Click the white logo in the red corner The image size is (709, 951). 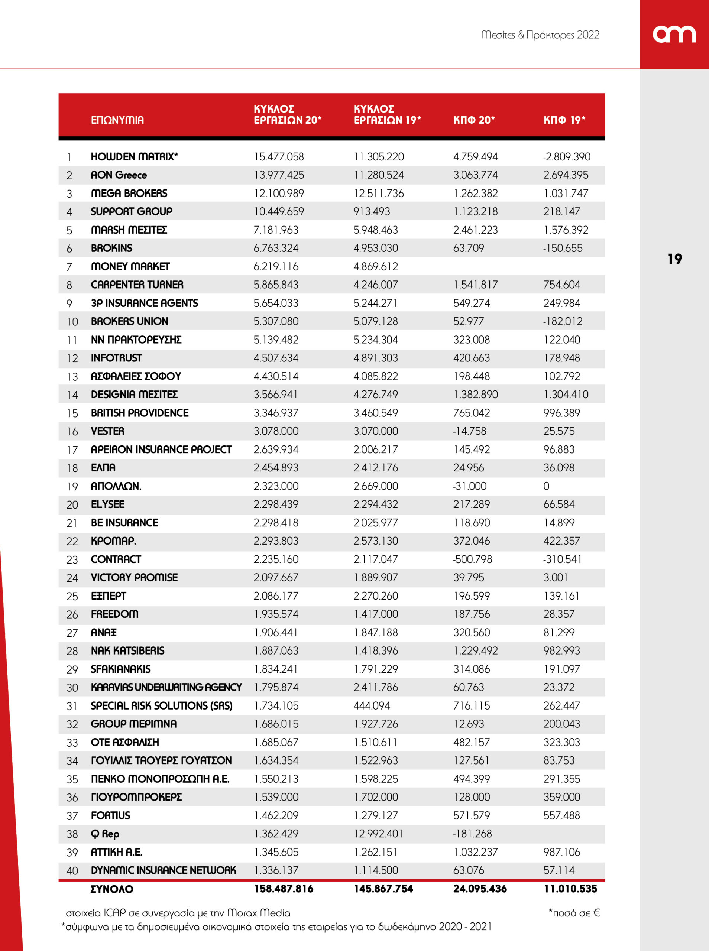tap(674, 34)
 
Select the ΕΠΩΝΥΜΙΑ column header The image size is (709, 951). tap(117, 120)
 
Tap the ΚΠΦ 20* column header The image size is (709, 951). tap(474, 120)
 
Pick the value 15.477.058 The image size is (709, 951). tap(279, 156)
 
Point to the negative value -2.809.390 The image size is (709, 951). tap(567, 156)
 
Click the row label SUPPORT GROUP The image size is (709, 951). tap(131, 211)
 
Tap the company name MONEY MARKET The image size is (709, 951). tap(130, 266)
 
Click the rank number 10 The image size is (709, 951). tap(72, 322)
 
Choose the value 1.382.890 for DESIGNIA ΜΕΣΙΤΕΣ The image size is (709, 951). tap(476, 394)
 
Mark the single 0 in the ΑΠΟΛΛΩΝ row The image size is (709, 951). tap(546, 486)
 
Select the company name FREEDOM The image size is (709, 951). tap(114, 614)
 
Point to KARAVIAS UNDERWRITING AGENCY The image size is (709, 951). tap(166, 687)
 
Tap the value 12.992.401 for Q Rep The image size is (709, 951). tap(378, 834)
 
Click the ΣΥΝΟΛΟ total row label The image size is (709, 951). tap(111, 889)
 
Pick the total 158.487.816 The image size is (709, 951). tap(283, 889)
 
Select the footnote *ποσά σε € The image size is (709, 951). tap(574, 913)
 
